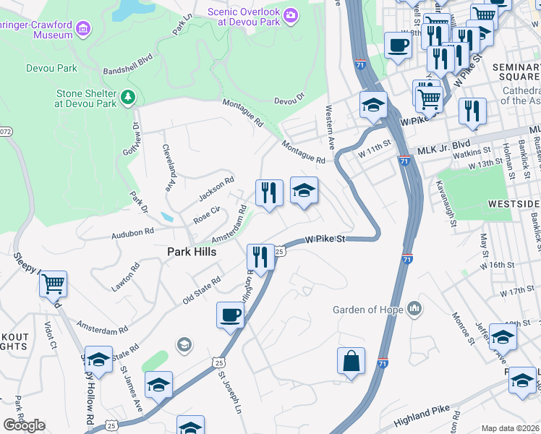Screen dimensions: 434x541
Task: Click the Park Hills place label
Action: (x=192, y=252)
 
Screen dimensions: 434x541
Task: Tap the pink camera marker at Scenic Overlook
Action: (x=291, y=15)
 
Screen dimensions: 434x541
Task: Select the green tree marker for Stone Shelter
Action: (x=128, y=96)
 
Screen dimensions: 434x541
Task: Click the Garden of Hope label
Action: (x=367, y=310)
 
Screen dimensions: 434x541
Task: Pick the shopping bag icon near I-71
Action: (x=351, y=361)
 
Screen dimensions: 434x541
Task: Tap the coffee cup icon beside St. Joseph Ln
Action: (x=230, y=315)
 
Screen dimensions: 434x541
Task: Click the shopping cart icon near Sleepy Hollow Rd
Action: (x=53, y=284)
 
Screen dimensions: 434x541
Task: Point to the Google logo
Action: (x=24, y=425)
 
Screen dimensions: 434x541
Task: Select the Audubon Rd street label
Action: (x=132, y=233)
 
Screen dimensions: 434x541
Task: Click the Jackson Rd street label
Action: (x=217, y=190)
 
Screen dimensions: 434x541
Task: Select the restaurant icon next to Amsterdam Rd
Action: (x=268, y=192)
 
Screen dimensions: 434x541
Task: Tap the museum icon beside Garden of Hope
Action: (x=414, y=310)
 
